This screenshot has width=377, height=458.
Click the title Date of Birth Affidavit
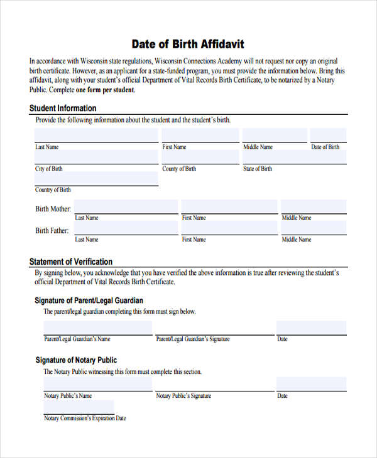coord(187,44)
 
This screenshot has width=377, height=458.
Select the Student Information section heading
coord(63,108)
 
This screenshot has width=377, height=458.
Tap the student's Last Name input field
coord(96,135)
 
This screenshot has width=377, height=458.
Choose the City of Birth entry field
coord(96,157)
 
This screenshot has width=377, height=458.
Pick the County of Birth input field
coord(200,157)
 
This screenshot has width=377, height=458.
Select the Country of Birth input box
coord(96,178)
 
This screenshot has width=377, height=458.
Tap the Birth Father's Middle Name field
coord(313,228)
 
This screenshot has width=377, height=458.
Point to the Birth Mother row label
coord(53,209)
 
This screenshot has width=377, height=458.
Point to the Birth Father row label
coord(52,230)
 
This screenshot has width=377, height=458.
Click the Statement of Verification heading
coord(71,262)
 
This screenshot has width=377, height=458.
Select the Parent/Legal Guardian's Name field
coord(97,328)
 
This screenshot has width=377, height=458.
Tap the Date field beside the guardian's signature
coord(311,328)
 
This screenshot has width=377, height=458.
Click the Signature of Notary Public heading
coord(75,360)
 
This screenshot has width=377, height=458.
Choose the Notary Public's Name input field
coord(97,384)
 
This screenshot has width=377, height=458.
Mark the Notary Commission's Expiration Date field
coord(79,407)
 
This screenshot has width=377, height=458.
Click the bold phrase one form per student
coord(105,90)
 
